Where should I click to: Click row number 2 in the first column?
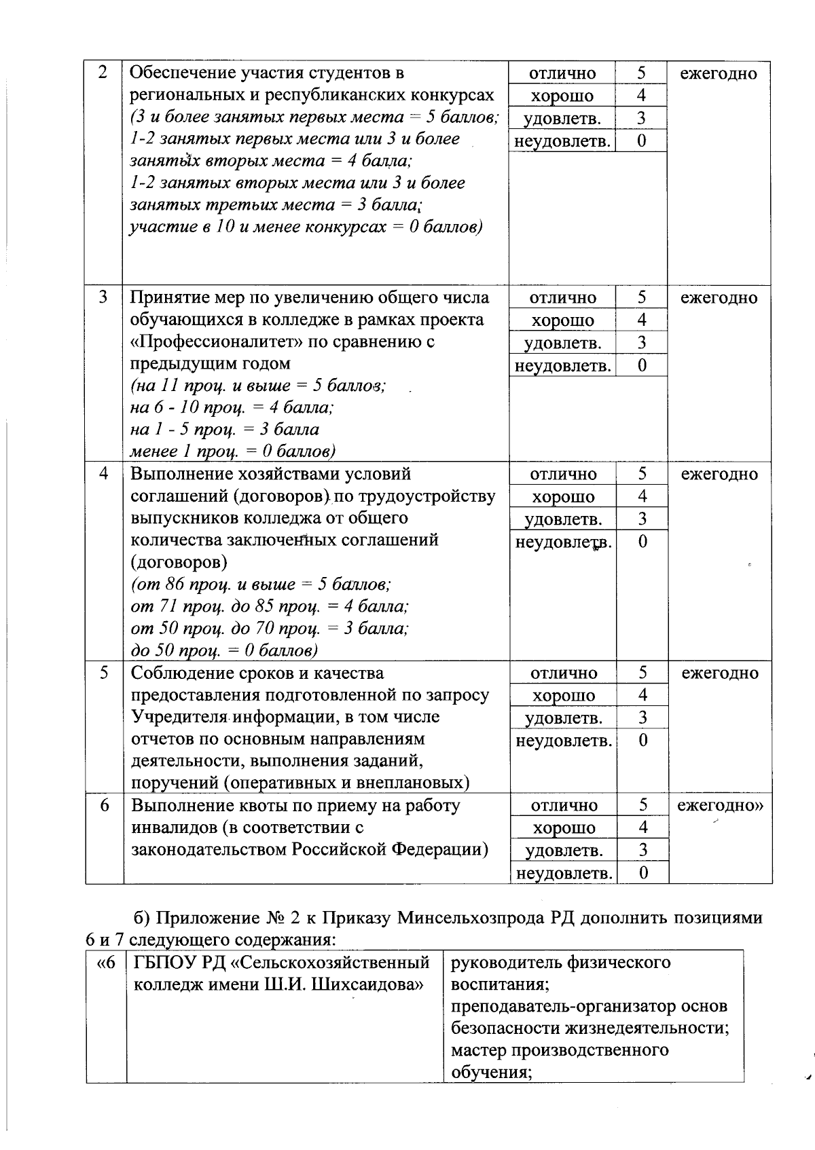tap(103, 73)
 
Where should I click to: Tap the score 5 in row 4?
tap(642, 474)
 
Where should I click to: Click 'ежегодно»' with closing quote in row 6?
tap(721, 806)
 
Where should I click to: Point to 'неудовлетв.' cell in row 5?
tap(564, 740)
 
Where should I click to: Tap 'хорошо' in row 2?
tap(562, 96)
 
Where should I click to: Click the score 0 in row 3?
tap(642, 365)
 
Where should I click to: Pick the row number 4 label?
tap(104, 473)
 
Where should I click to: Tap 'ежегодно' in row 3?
tap(719, 297)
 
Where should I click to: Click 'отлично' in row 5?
tap(564, 673)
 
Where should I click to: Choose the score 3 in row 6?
tap(642, 850)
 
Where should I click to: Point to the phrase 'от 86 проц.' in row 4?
tap(181, 585)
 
